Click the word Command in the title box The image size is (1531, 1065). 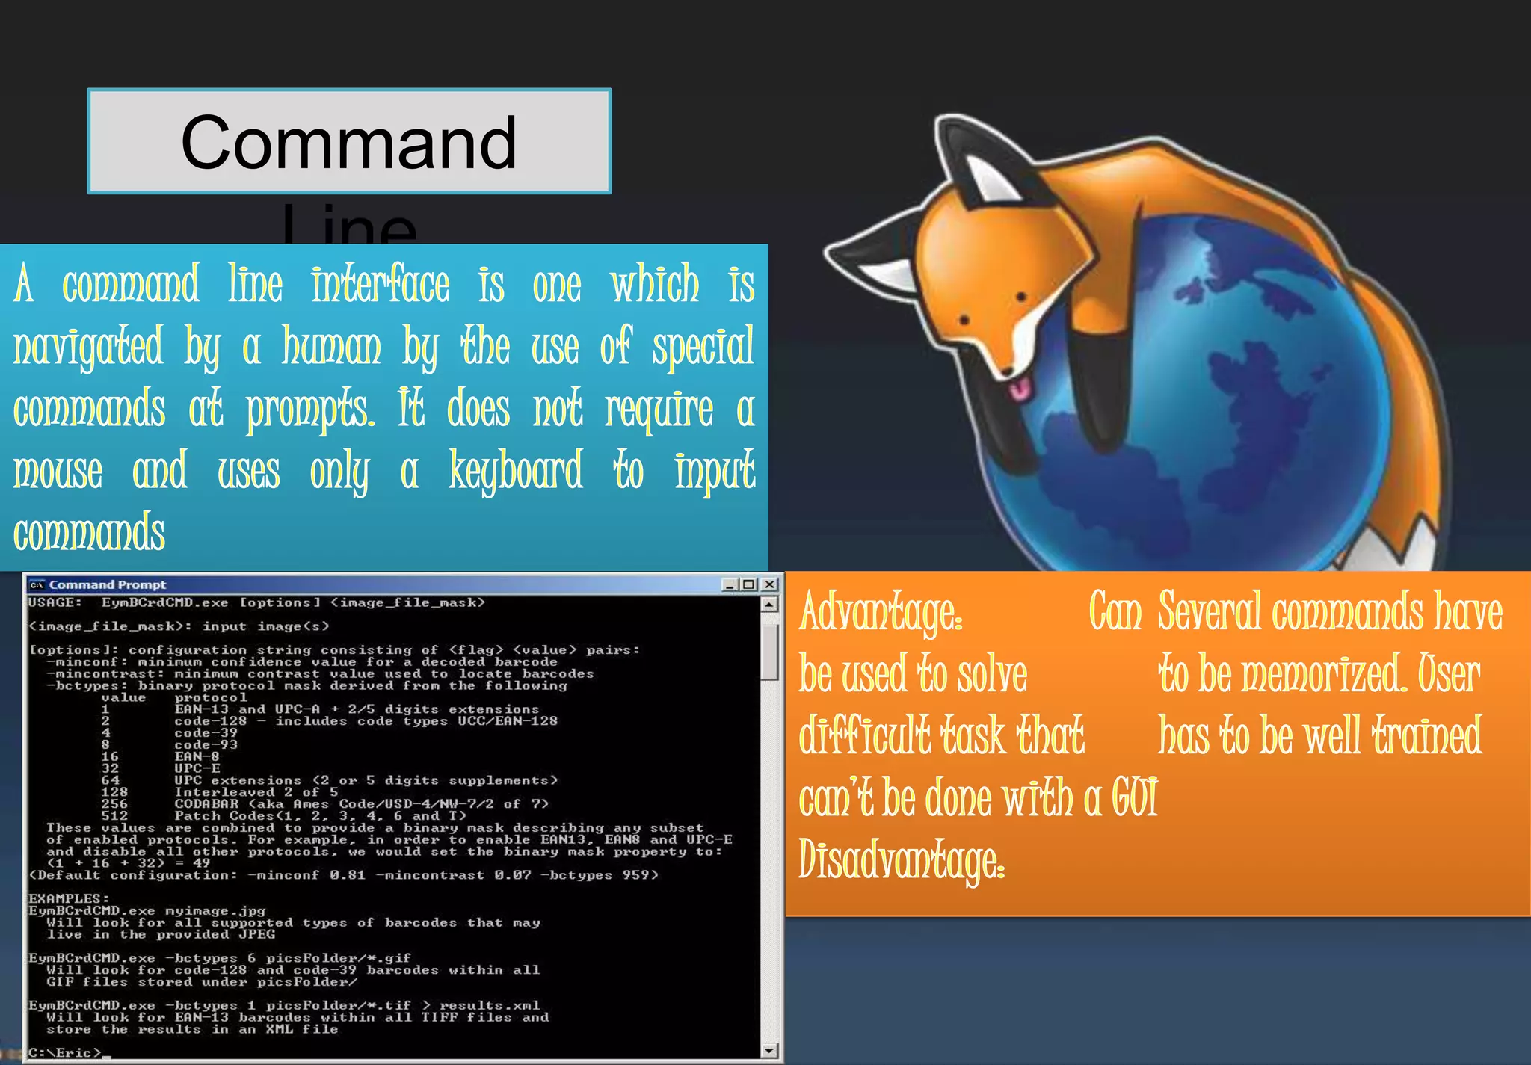pyautogui.click(x=348, y=143)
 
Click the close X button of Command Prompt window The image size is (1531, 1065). pyautogui.click(x=769, y=584)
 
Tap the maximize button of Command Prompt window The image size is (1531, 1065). pyautogui.click(x=749, y=584)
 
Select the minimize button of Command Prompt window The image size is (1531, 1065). pyautogui.click(x=730, y=584)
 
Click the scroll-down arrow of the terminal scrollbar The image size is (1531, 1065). pyautogui.click(x=769, y=1050)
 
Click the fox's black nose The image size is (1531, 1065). pyautogui.click(x=1007, y=371)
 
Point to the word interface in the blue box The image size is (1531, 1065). pyautogui.click(x=381, y=285)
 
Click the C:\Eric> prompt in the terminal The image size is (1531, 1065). pyautogui.click(x=64, y=1052)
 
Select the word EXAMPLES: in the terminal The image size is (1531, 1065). pyautogui.click(x=69, y=898)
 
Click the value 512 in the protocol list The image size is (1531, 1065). pyautogui.click(x=114, y=815)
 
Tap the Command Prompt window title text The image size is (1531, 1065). pyautogui.click(x=108, y=584)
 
